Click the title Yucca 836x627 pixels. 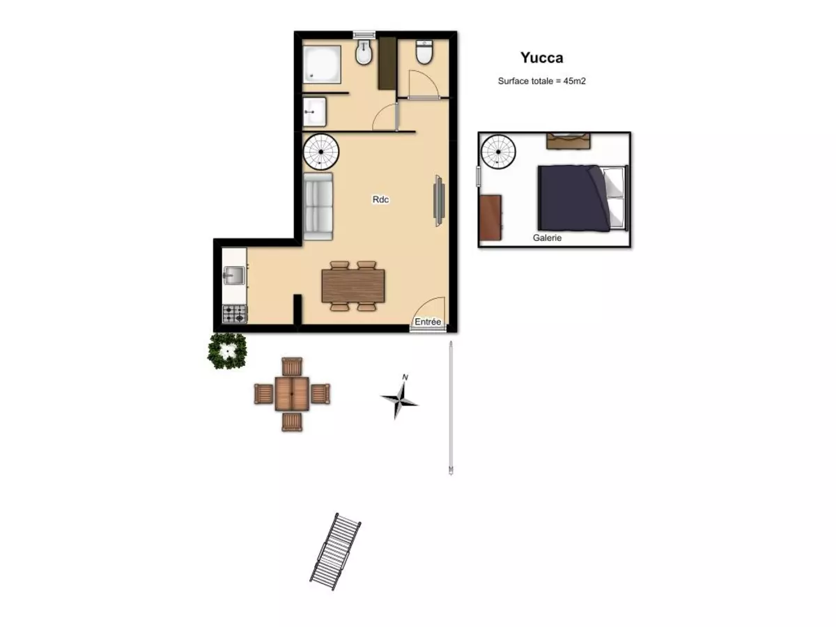tap(541, 58)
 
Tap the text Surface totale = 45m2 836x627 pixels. tap(541, 81)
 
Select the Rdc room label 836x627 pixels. tap(380, 199)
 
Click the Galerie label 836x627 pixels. tap(547, 238)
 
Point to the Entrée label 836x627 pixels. tap(427, 322)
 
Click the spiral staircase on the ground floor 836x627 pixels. tap(320, 152)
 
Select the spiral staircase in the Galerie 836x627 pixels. tap(498, 152)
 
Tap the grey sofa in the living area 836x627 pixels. tap(318, 206)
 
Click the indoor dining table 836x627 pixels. tap(353, 286)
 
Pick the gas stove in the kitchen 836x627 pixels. tap(235, 313)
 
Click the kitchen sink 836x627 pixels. tap(234, 276)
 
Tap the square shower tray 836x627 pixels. tap(321, 64)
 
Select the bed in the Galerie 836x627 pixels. tap(582, 199)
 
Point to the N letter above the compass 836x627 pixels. tap(405, 378)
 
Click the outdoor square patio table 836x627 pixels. tap(292, 394)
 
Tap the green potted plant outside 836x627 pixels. tap(227, 351)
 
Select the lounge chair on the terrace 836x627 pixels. tap(335, 551)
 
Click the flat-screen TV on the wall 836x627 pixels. tap(439, 201)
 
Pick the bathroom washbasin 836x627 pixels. tap(315, 112)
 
